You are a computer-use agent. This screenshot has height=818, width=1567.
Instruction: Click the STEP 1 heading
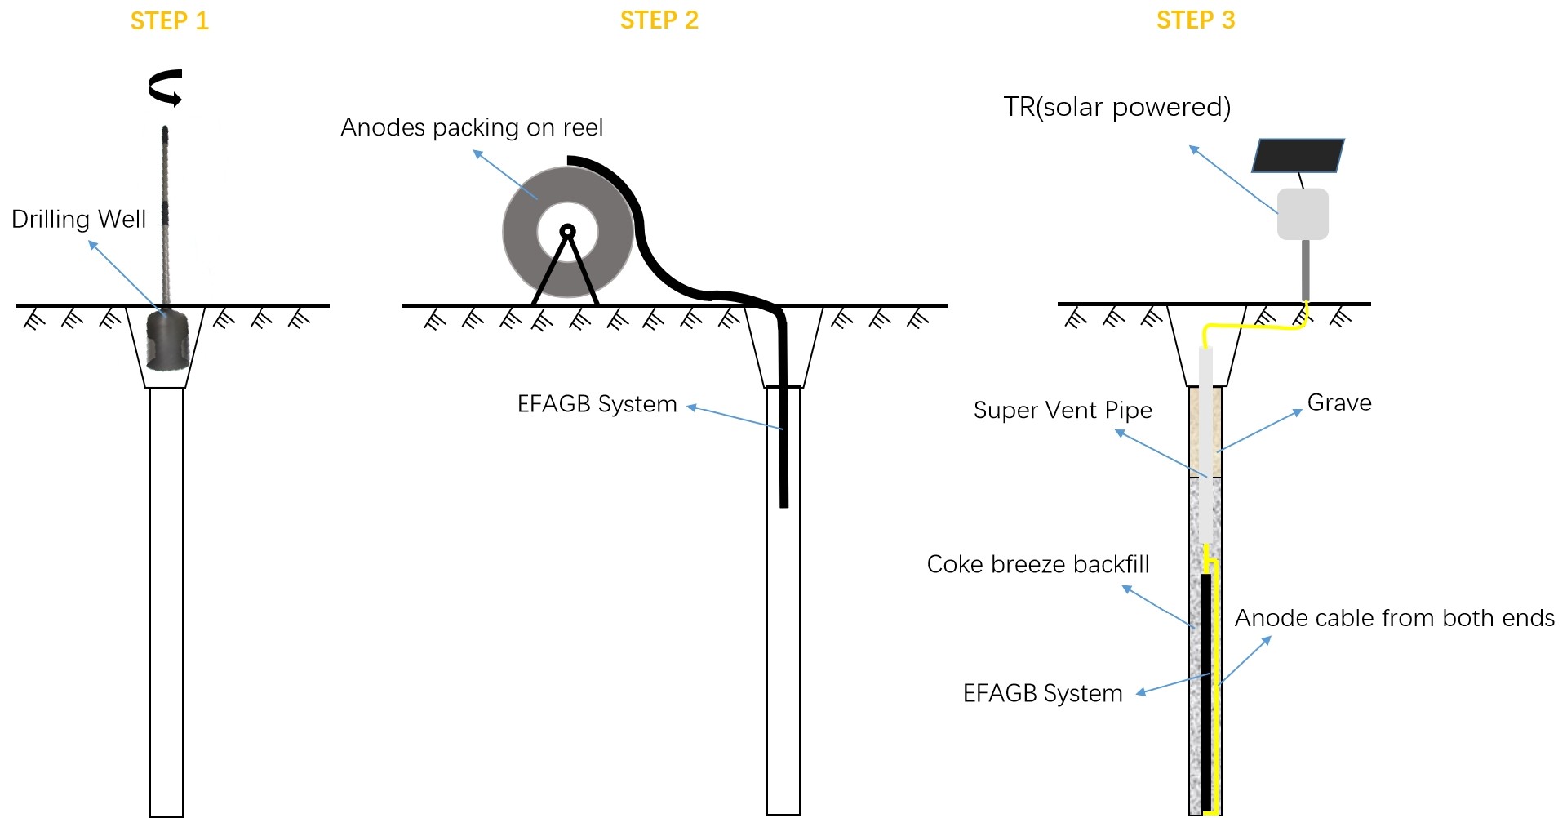point(170,20)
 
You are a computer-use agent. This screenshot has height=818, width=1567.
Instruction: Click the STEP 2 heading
point(659,20)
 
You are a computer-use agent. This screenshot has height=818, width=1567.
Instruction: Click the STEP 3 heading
point(1196,20)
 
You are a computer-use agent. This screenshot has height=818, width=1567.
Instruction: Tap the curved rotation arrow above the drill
point(166,87)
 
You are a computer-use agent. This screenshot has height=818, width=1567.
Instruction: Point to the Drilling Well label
point(78,219)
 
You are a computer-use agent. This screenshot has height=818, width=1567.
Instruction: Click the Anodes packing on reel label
point(472,127)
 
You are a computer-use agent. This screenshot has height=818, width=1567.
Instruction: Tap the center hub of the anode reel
point(568,232)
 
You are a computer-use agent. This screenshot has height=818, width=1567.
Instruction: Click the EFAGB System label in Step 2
point(597,404)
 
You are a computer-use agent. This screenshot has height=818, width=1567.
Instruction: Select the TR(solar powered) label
point(1116,107)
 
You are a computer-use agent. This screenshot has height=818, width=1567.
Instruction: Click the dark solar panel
point(1298,156)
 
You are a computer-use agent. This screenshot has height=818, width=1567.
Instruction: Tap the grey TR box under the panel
point(1303,214)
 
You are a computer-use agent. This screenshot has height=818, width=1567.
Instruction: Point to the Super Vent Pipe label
point(1063,410)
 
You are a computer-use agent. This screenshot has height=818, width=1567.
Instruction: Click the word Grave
point(1339,402)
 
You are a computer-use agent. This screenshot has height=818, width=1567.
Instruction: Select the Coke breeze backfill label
point(1038,564)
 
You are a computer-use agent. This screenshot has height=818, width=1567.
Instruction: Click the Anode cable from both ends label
point(1394,618)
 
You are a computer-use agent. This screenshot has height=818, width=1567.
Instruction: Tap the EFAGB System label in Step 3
point(1042,693)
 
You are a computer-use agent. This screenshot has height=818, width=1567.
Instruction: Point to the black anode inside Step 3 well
point(1206,694)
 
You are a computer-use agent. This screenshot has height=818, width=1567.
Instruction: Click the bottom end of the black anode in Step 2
point(783,503)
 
